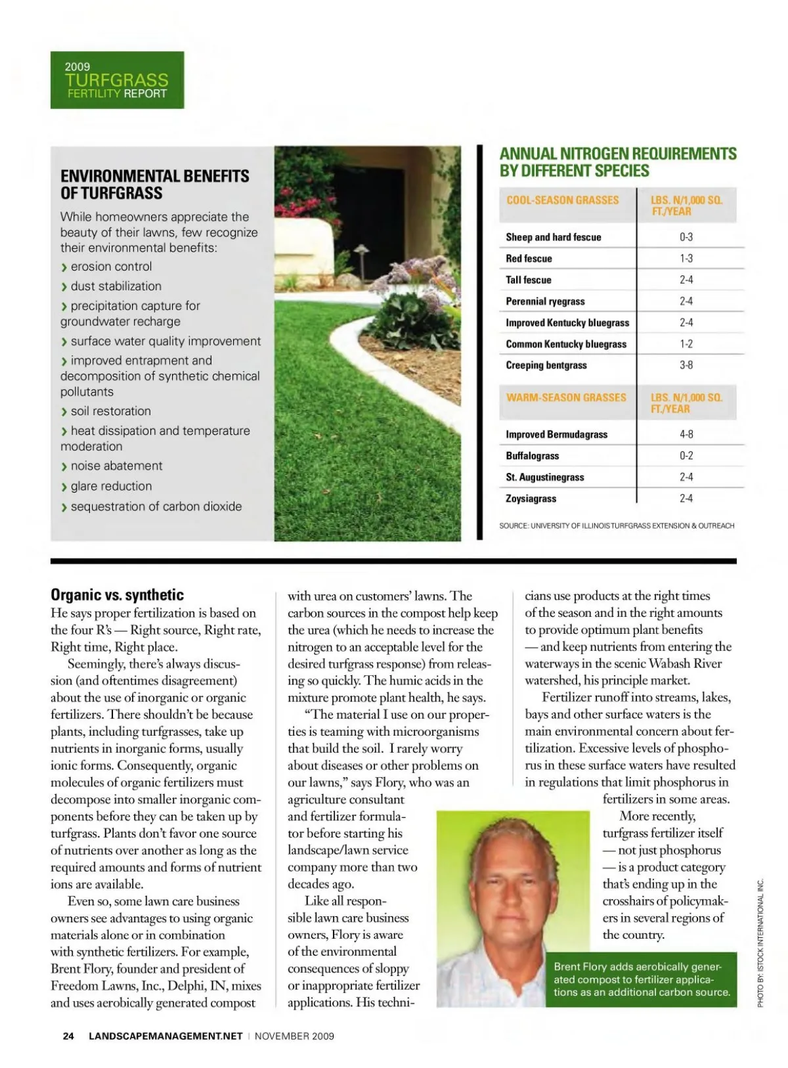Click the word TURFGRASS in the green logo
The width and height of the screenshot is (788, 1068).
pos(117,80)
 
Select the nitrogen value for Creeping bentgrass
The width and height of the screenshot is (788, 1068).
pos(686,365)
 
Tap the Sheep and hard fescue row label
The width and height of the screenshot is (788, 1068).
pos(554,237)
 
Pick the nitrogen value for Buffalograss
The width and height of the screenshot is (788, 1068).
pos(686,456)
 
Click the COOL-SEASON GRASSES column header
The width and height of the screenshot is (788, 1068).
pos(563,200)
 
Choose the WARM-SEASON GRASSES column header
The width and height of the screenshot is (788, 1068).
pos(566,397)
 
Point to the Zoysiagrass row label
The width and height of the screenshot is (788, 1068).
pos(531,499)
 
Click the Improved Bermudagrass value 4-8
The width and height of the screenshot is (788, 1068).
pos(686,434)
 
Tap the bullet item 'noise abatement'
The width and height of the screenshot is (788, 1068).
pos(116,466)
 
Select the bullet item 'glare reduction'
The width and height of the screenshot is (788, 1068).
pos(111,486)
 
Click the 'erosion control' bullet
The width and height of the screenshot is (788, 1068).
pos(111,267)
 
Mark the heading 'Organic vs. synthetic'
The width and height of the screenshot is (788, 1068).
pos(118,595)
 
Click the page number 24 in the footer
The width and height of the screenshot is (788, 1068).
pos(68,1036)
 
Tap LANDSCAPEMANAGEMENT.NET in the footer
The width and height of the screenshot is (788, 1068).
pos(165,1036)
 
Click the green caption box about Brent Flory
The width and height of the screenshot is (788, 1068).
pos(642,979)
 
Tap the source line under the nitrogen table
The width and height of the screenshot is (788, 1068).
pos(617,525)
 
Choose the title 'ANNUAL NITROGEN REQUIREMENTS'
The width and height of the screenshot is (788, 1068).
pos(618,154)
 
